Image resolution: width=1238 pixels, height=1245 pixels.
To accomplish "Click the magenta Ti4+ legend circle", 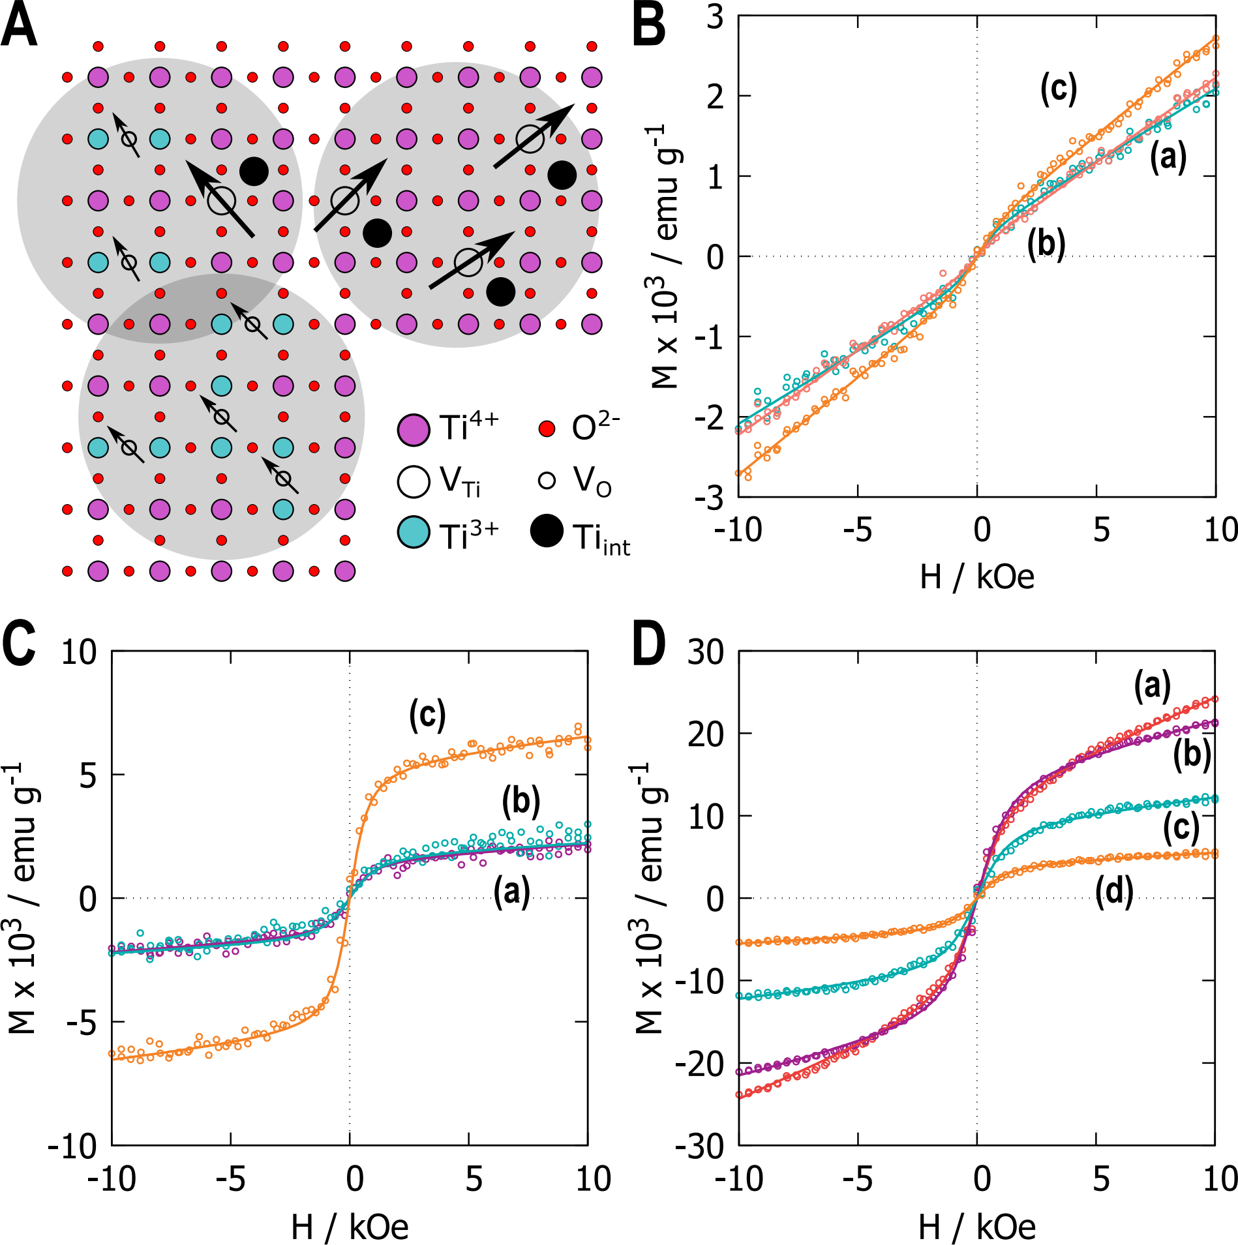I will click(x=414, y=430).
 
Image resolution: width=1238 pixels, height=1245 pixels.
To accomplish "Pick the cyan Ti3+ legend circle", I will click(x=414, y=532).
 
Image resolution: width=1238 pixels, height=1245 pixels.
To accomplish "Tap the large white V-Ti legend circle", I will click(x=414, y=481).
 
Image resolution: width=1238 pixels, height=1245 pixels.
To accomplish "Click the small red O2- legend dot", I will click(x=547, y=429).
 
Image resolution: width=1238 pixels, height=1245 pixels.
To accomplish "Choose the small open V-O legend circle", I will click(x=547, y=481).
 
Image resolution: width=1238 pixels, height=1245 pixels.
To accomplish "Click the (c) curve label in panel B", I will click(x=1058, y=89).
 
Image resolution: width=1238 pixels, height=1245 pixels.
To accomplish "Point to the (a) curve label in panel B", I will click(x=1168, y=157).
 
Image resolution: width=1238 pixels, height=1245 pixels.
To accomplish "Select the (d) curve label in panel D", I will click(x=1114, y=892).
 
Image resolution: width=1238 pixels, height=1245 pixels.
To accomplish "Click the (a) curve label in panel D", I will click(x=1152, y=687).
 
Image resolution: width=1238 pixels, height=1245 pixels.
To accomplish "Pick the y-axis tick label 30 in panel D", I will click(x=706, y=652).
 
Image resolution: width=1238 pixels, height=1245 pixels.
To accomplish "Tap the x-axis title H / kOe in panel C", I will click(x=350, y=1227).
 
